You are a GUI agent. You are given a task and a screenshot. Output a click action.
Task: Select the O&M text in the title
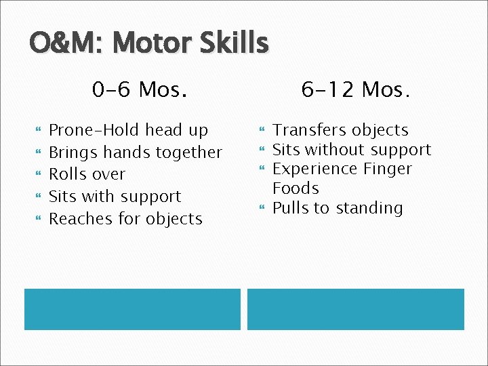[60, 44]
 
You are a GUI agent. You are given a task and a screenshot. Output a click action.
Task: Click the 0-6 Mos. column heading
[140, 89]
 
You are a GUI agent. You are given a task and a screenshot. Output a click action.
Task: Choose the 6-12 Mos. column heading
[356, 89]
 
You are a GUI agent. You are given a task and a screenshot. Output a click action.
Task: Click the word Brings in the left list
[73, 152]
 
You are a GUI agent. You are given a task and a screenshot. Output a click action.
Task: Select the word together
[188, 152]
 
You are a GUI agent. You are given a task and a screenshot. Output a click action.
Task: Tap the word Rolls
[68, 174]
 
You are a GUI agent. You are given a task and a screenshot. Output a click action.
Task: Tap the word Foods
[296, 188]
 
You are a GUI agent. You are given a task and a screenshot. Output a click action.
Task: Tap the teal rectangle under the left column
[132, 309]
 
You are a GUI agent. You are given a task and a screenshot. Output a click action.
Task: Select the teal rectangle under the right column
[356, 309]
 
